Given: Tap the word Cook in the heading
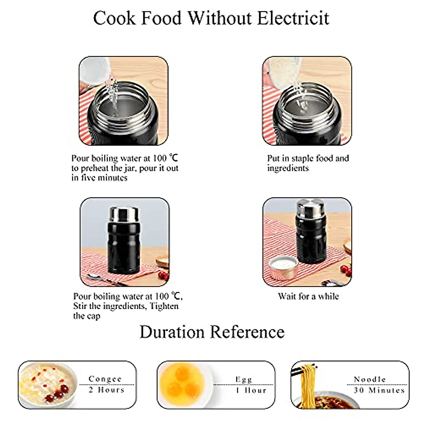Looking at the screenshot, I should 114,18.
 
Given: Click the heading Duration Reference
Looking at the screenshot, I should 212,332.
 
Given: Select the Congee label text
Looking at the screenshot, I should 105,379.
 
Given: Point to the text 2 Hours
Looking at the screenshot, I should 106,390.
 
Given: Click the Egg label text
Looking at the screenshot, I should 244,379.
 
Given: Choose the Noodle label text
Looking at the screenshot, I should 370,379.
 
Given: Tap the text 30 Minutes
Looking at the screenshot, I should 379,390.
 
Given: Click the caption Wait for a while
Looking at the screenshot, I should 308,296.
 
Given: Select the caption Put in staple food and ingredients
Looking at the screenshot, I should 308,163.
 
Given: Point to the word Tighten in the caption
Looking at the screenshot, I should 164,306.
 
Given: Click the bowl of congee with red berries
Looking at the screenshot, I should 48,385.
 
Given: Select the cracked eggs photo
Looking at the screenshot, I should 183,384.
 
